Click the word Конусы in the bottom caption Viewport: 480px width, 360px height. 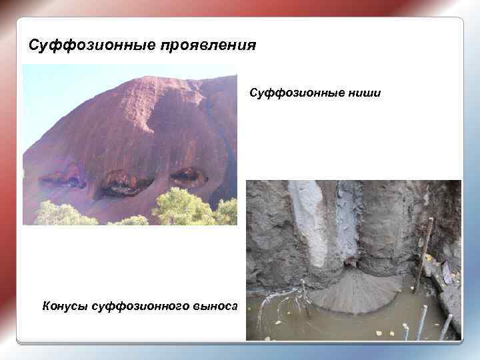click(64, 305)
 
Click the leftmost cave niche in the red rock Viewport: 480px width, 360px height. click(61, 178)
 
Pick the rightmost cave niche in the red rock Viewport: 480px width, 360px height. click(187, 175)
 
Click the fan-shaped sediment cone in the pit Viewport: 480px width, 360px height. click(353, 293)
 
